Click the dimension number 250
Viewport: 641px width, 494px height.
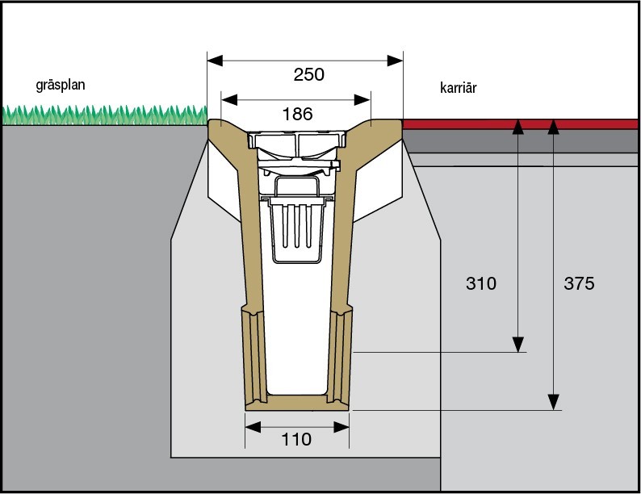[308, 75]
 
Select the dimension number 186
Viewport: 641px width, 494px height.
[296, 114]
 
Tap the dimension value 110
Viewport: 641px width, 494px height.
[296, 440]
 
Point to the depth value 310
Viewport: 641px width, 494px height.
[481, 284]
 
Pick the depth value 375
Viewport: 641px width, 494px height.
[579, 284]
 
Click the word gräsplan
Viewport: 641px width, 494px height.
[61, 84]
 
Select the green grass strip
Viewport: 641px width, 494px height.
[105, 115]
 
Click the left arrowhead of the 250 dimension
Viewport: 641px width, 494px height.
[214, 60]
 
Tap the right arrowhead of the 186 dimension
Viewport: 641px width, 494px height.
[364, 99]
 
